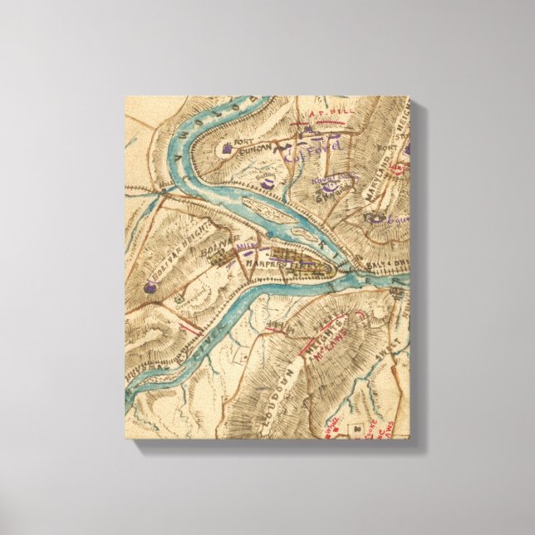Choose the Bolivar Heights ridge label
click(179, 249)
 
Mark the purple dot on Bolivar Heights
click(149, 288)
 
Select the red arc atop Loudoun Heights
click(360, 317)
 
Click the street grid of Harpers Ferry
click(306, 267)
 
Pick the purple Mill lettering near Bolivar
click(245, 247)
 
